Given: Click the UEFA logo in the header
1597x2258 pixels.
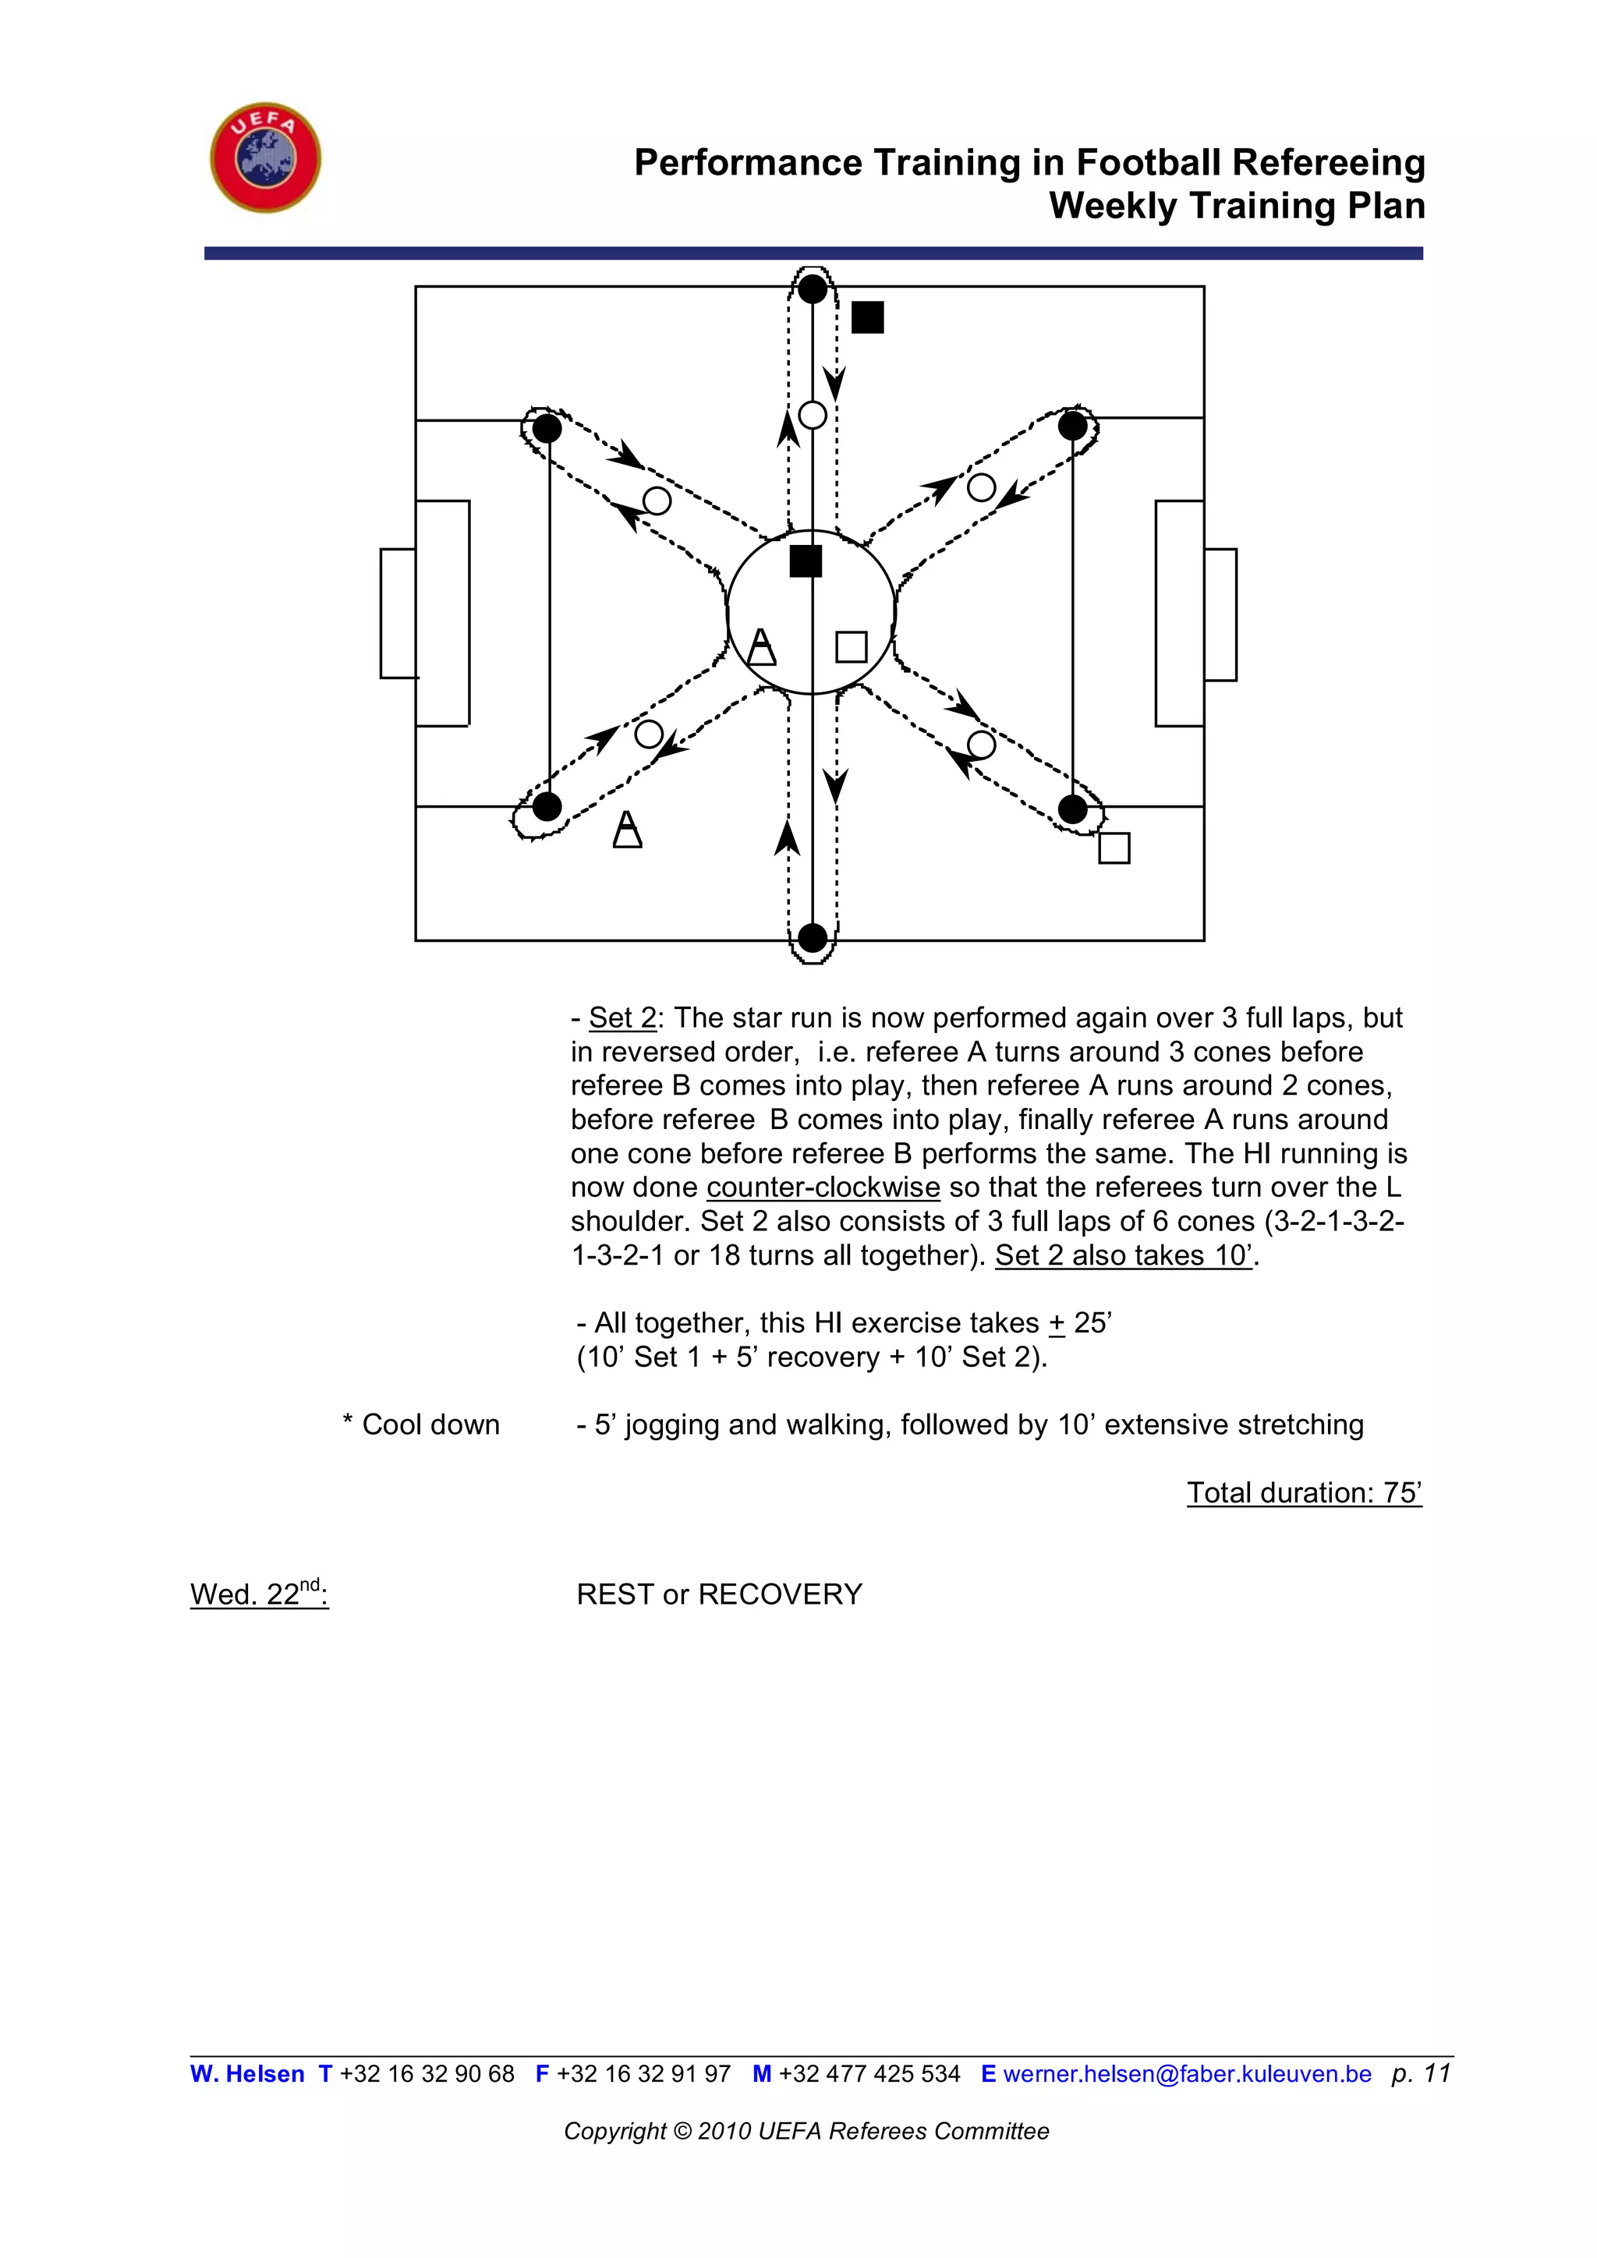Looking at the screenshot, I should [265, 157].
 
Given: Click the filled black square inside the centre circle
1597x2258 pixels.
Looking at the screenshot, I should [806, 561].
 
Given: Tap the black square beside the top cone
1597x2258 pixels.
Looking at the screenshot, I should [867, 317].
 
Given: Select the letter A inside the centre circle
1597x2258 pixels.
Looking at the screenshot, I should [761, 646].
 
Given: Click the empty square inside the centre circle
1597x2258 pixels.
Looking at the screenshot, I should [851, 646].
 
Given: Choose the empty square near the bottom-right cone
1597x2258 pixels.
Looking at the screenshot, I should [1114, 847].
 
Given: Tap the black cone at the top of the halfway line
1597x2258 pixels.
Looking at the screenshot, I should [813, 289].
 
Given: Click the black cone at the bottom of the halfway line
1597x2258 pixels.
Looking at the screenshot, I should [813, 938].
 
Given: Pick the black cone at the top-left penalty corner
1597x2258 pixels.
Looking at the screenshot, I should [547, 428].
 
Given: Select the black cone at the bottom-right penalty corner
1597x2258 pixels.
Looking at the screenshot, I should [1072, 809].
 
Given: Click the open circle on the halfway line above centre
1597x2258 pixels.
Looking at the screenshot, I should [813, 415].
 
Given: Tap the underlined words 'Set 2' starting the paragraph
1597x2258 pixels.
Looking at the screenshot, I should [621, 1018].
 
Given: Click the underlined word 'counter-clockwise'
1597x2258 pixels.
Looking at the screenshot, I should [823, 1187].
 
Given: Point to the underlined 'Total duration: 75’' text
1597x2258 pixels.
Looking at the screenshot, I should [1304, 1492].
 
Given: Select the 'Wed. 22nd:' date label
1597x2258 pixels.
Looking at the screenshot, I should [259, 1593].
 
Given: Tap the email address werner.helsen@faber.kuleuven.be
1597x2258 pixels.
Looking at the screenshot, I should [1187, 2073].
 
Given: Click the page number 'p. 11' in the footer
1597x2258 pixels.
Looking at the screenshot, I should [1421, 2073].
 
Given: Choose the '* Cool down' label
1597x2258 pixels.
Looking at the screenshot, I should [421, 1424].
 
